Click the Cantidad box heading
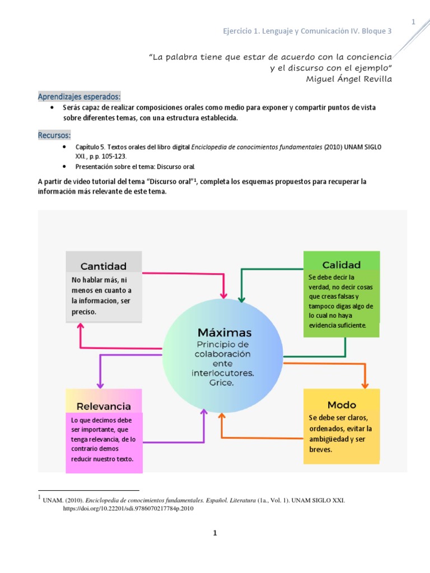[104, 266]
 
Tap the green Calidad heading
[342, 264]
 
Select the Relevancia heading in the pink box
[104, 406]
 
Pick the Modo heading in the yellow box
[342, 404]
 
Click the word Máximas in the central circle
[224, 332]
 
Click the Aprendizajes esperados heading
[79, 96]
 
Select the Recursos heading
[54, 135]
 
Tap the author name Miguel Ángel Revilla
[349, 78]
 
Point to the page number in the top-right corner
[413, 22]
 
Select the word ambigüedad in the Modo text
[329, 439]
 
